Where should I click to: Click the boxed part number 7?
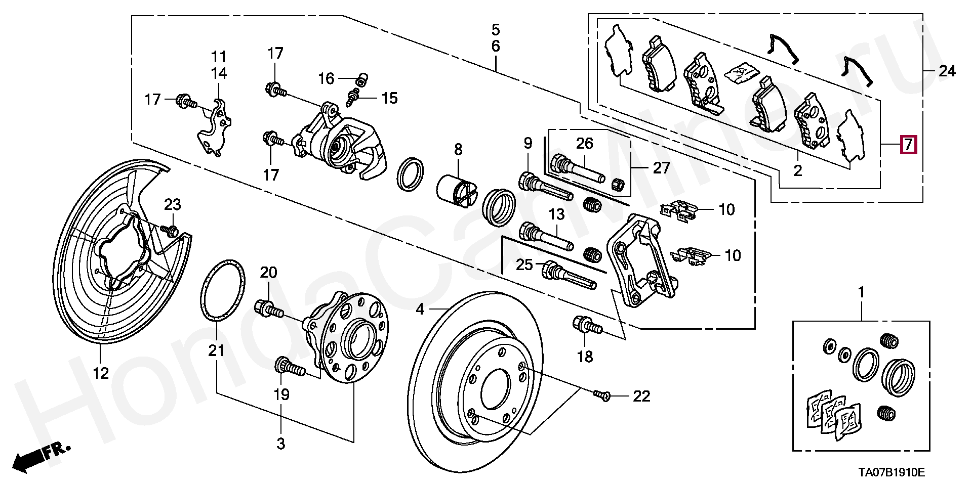point(908,145)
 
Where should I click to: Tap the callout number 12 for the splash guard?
point(101,373)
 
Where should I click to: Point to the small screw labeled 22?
point(602,395)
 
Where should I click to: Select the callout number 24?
point(947,71)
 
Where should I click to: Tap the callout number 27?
point(661,167)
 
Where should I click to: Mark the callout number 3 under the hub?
point(280,444)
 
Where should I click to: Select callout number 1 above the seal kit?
point(861,292)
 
